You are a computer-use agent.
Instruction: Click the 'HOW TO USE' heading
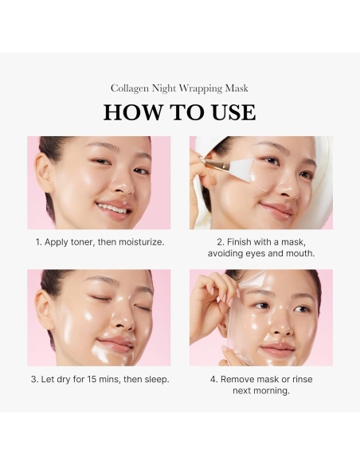pyautogui.click(x=179, y=113)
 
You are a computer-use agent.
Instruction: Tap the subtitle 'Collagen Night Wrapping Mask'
pyautogui.click(x=179, y=88)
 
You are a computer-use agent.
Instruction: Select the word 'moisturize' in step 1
pyautogui.click(x=137, y=242)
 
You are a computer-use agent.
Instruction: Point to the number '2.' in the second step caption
pyautogui.click(x=221, y=242)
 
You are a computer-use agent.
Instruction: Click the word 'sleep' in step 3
pyautogui.click(x=153, y=380)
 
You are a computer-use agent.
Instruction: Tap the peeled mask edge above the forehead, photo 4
pyautogui.click(x=253, y=277)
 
